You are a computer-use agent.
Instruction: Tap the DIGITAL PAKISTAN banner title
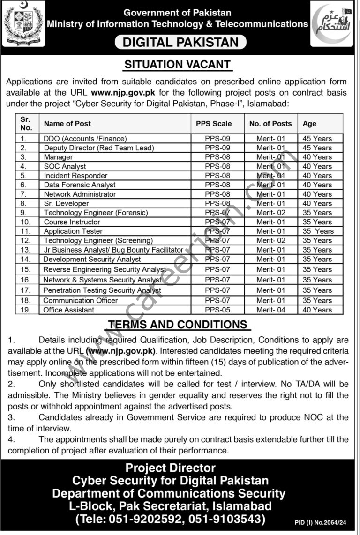(180, 42)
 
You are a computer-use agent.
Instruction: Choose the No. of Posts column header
(270, 124)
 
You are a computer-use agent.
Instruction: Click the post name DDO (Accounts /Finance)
(85, 139)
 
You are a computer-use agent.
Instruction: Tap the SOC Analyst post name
(65, 166)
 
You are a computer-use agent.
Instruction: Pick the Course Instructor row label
(72, 222)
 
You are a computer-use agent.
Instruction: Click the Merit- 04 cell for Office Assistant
(270, 310)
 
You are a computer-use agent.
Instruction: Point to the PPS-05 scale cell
(218, 310)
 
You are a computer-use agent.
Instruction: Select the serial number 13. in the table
(26, 250)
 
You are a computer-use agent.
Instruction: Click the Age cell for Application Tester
(318, 231)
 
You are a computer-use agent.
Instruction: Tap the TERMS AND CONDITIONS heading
(178, 325)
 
